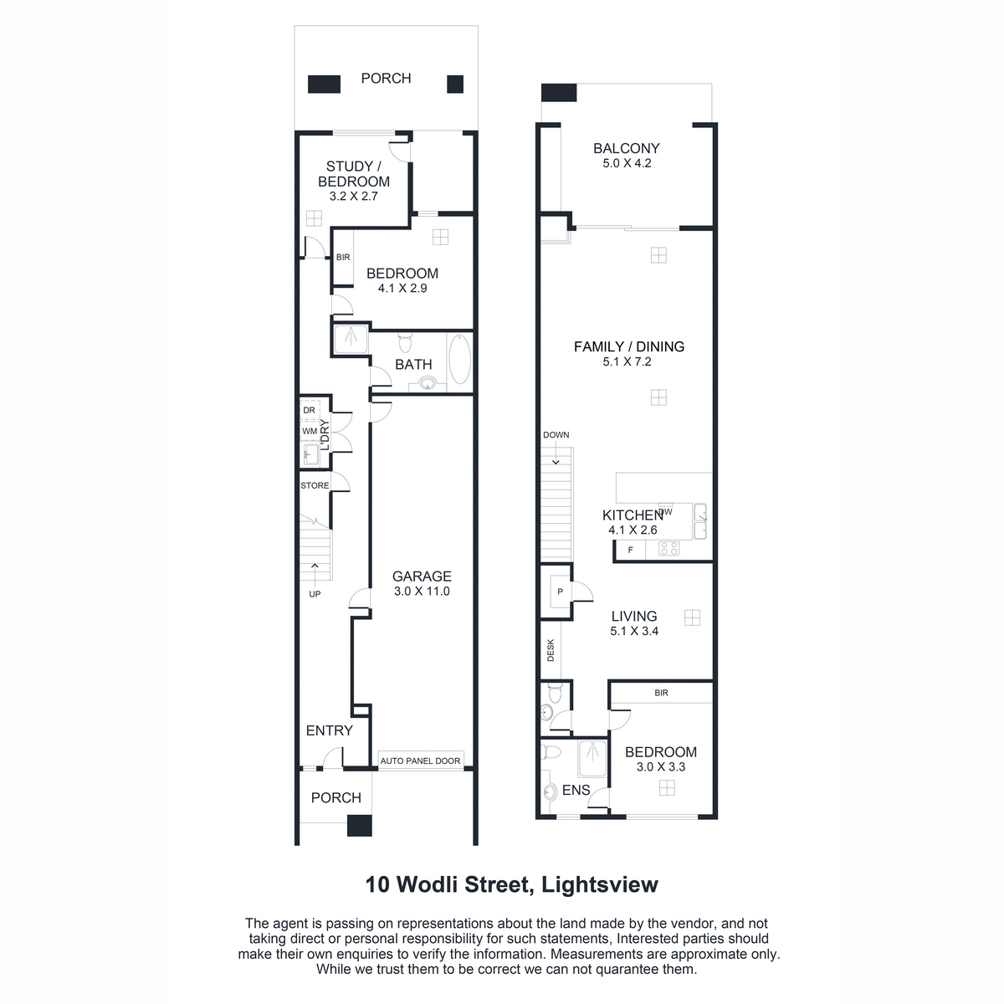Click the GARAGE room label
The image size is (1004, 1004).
422,576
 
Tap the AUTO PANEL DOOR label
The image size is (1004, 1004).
420,761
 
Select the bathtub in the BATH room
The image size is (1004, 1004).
459,360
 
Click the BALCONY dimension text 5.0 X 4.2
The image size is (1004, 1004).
627,163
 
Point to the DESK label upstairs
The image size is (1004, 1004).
551,650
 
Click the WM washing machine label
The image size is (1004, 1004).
310,432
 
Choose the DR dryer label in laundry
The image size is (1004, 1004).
309,410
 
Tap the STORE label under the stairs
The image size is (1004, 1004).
315,485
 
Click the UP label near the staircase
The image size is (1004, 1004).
315,594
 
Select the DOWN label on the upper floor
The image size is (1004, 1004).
556,435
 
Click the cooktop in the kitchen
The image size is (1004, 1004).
668,548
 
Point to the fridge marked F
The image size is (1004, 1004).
631,550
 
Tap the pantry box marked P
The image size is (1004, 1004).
560,592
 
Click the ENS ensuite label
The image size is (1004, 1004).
576,791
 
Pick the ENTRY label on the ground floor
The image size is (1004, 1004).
330,730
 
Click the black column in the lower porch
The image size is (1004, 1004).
360,826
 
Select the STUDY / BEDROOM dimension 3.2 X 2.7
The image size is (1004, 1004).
353,197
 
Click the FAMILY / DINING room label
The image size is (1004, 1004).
629,346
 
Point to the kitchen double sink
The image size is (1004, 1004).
699,521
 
